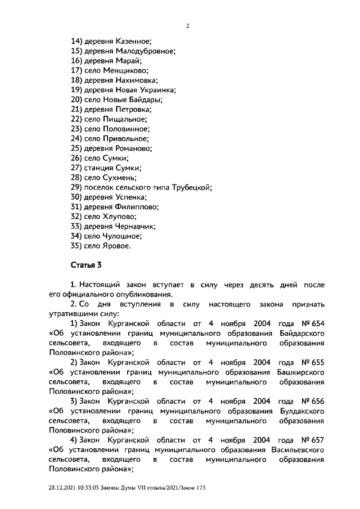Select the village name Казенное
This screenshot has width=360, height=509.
click(x=134, y=42)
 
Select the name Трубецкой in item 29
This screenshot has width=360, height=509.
click(x=192, y=187)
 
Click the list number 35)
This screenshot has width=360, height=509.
click(x=76, y=246)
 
